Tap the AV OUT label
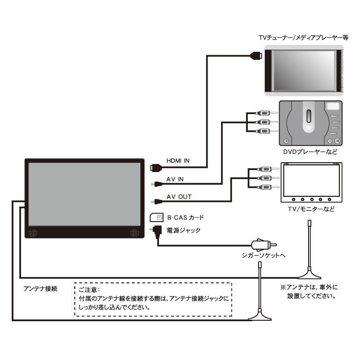coord(178,197)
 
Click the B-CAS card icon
coord(156,217)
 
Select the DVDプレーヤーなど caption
coord(310,152)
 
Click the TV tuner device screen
coord(303,71)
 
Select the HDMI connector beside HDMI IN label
coord(154,166)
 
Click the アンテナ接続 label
coord(40,288)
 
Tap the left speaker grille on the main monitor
coord(33,232)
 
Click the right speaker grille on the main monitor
coord(135,232)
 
